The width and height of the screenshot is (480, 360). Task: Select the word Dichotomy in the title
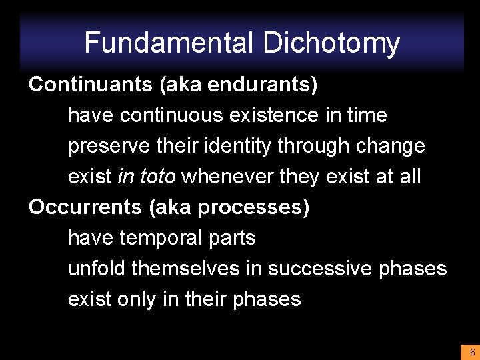click(331, 43)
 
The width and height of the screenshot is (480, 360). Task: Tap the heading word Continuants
click(81, 85)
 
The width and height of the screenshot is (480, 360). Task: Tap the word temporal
click(163, 238)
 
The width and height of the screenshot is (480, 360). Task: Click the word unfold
click(97, 269)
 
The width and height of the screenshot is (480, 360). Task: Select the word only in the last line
click(136, 299)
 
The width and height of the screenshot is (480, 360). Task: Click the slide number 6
click(471, 352)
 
